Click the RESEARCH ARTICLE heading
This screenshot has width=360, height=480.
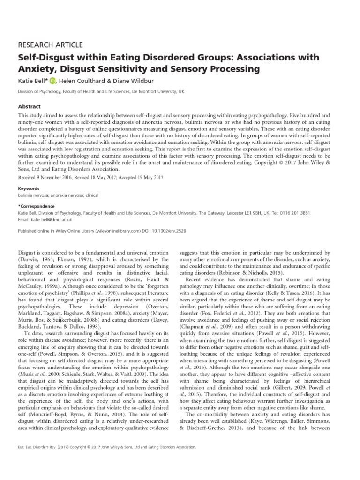pyautogui.click(x=50, y=45)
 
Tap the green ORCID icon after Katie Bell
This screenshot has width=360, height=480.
pyautogui.click(x=52, y=81)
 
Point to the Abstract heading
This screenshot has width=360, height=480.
pyautogui.click(x=29, y=106)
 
